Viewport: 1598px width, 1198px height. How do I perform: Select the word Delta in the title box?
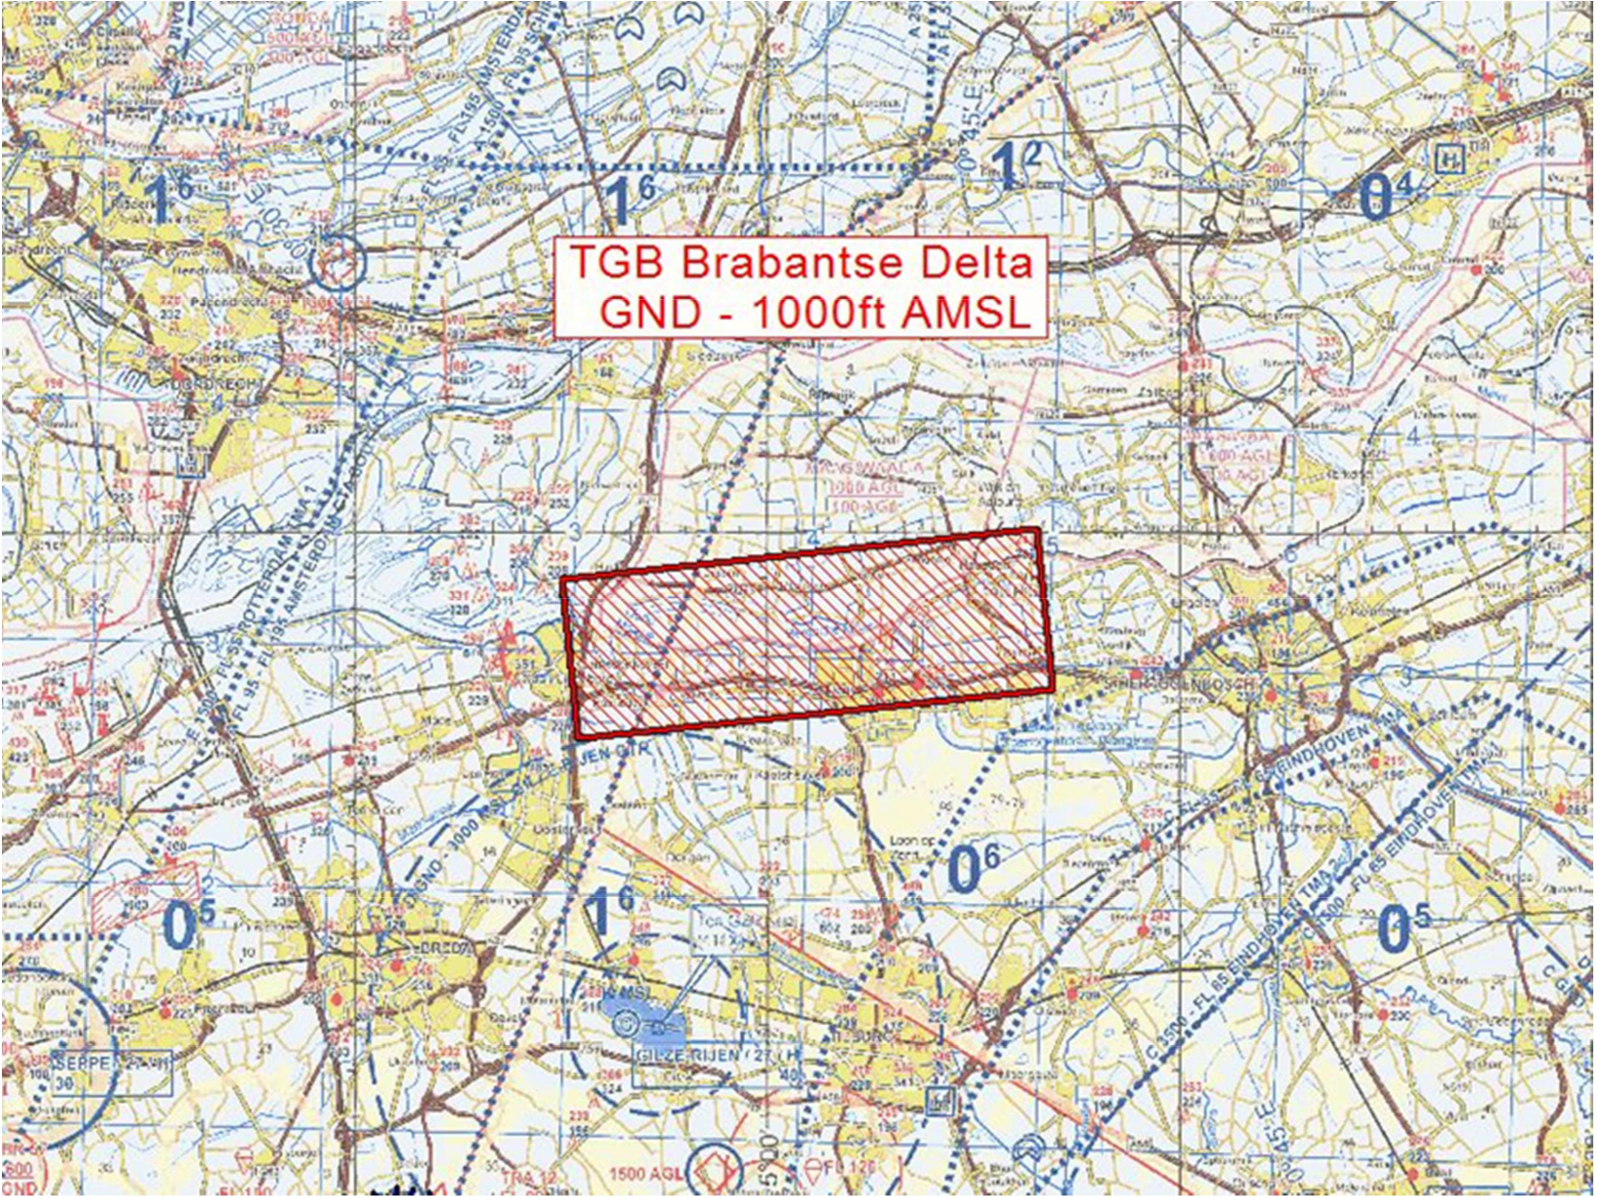(974, 262)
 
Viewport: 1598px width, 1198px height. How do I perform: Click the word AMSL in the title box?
(965, 312)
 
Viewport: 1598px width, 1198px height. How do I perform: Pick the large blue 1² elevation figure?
(1014, 169)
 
